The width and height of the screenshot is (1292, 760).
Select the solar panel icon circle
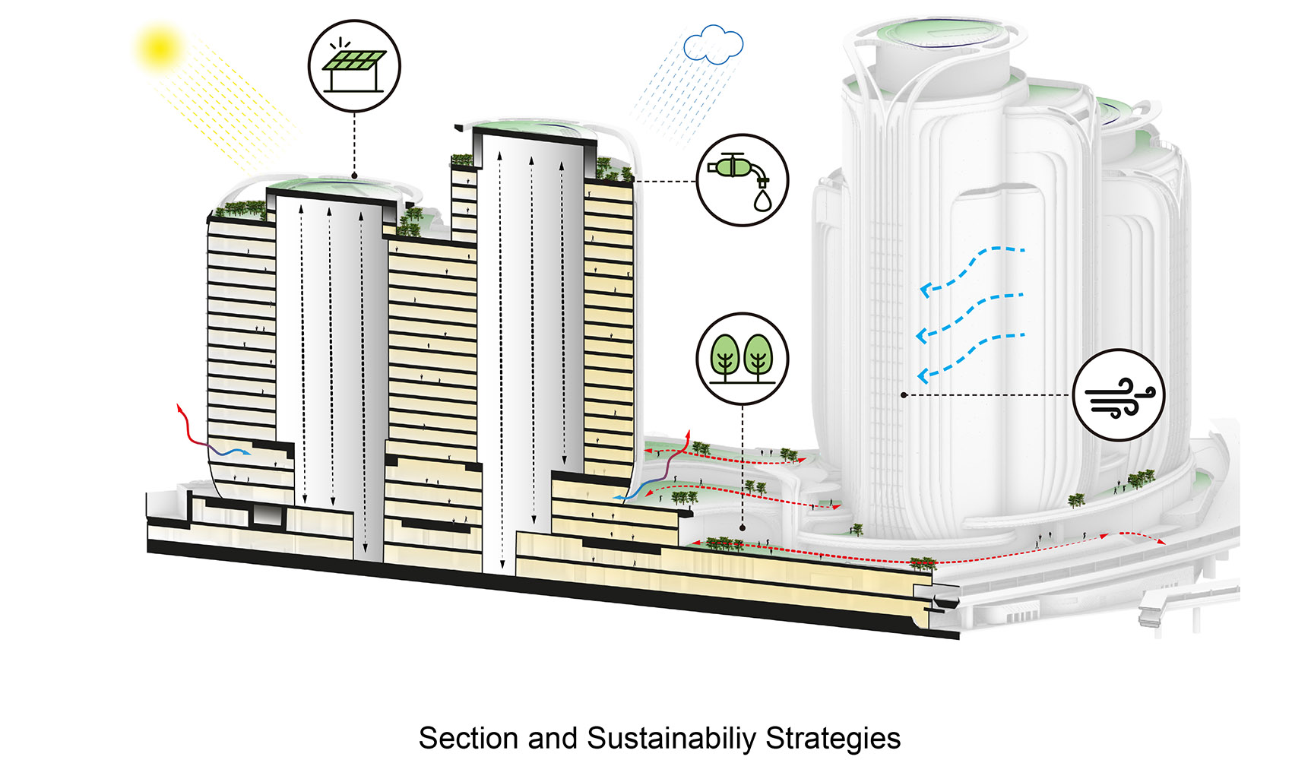point(354,66)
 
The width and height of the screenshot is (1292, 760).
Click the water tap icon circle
point(743,180)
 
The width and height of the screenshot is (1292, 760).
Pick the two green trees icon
point(743,358)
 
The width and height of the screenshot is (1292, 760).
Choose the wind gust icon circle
point(1118,394)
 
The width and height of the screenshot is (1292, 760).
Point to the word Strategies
point(833,738)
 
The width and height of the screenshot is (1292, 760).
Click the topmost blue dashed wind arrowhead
point(925,290)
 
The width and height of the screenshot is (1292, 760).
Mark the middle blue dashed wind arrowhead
point(922,334)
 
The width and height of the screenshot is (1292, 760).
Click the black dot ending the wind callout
point(904,395)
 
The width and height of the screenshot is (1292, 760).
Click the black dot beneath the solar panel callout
point(354,176)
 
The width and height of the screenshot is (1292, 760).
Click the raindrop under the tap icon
point(761,201)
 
